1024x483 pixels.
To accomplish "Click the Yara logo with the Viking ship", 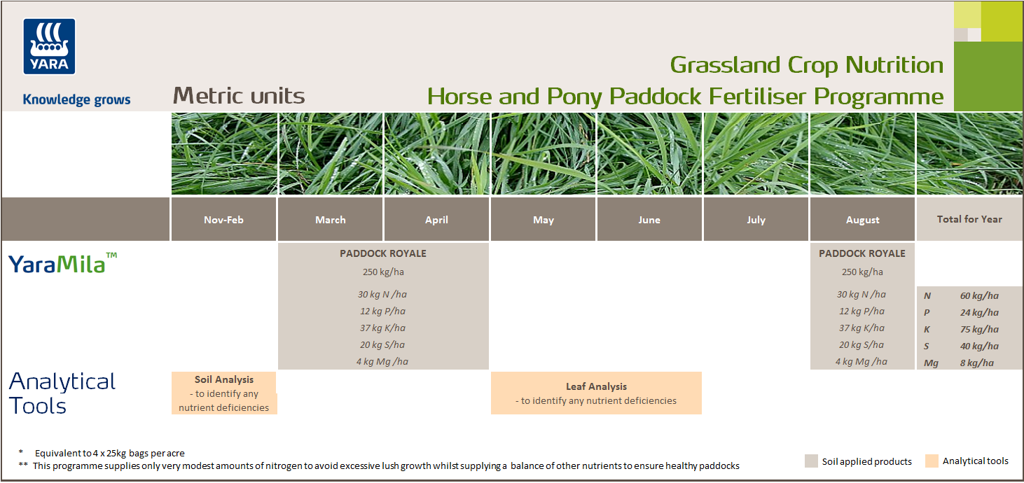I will click(50, 46).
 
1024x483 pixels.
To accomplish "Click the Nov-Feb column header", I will click(224, 220).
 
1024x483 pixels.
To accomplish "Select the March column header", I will click(331, 220).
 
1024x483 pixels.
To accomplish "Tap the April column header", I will click(436, 220).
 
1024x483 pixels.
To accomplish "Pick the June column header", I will click(649, 220).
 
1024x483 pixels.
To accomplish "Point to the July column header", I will click(756, 220).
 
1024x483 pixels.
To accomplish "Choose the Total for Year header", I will click(969, 219).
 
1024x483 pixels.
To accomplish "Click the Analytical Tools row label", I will click(62, 393).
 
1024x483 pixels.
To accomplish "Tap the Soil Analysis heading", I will click(224, 379).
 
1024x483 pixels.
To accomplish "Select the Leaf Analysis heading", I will click(596, 386).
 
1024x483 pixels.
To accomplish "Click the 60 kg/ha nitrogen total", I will click(979, 296).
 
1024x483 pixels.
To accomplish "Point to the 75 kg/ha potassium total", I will click(979, 330).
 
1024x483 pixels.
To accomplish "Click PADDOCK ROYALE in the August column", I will click(862, 253).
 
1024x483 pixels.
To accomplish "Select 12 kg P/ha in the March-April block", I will click(382, 311).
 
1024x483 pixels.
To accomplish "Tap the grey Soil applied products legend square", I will click(811, 461).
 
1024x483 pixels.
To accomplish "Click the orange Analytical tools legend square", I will click(932, 461).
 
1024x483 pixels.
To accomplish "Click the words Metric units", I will click(239, 96).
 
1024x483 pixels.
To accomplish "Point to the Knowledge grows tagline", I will click(76, 99).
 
